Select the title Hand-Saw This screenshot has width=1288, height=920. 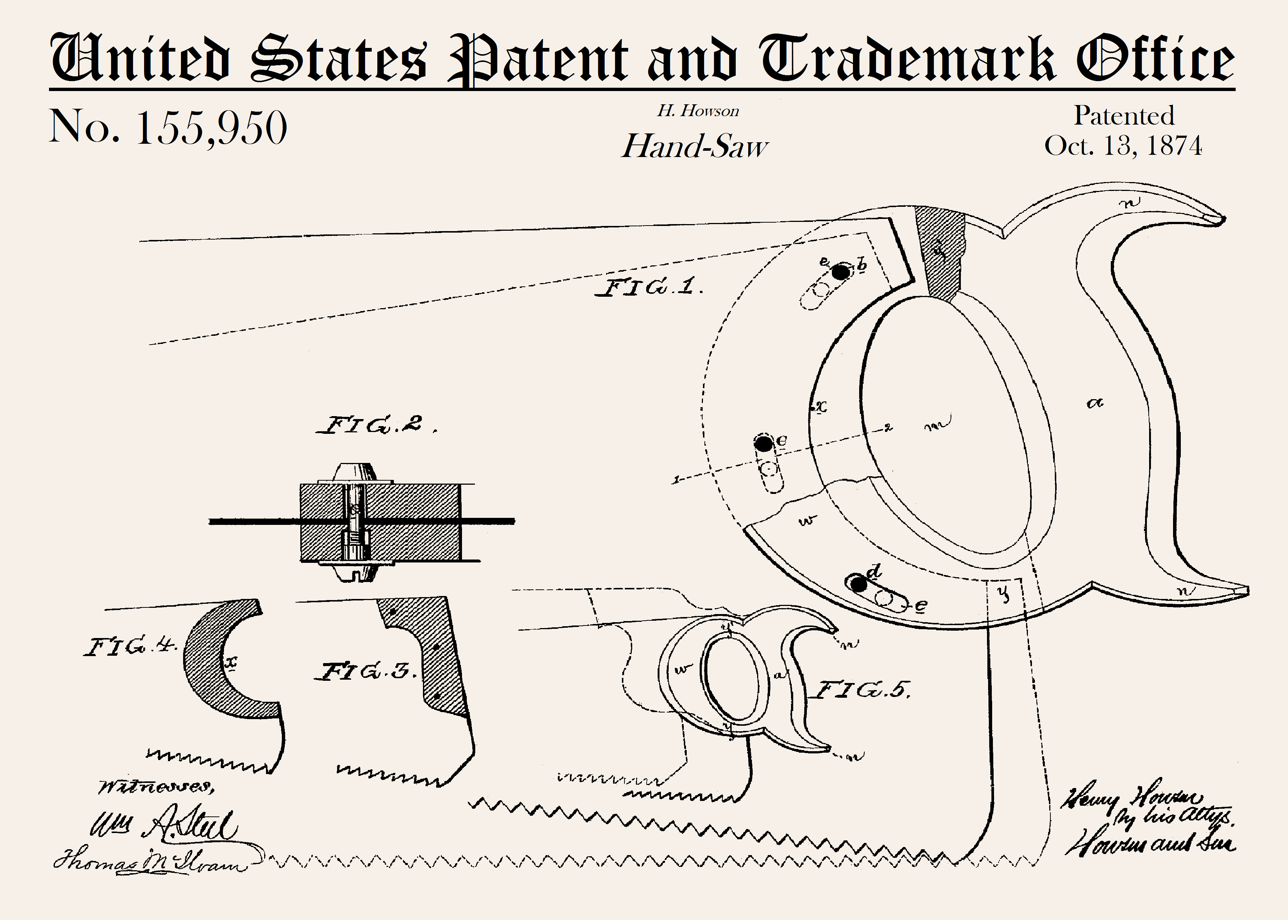(695, 146)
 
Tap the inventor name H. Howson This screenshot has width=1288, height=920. (698, 111)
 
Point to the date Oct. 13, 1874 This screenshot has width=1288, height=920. (1123, 146)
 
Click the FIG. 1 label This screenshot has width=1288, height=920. (648, 287)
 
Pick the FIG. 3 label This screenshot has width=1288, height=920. (365, 672)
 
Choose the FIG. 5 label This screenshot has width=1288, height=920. (862, 690)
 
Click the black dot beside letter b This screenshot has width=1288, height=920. (841, 272)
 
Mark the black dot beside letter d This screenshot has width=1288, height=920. (859, 584)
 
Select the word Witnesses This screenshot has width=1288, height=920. (156, 787)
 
